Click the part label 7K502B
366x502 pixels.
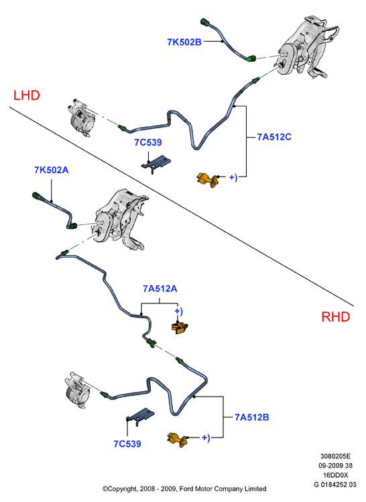pyautogui.click(x=184, y=42)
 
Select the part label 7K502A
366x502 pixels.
pyautogui.click(x=52, y=170)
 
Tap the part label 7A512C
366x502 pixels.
pyautogui.click(x=274, y=137)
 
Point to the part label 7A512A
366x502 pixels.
pyautogui.click(x=160, y=289)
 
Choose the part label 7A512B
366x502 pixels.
pyautogui.click(x=252, y=417)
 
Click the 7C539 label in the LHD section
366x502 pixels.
pyautogui.click(x=148, y=142)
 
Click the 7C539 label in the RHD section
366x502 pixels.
pyautogui.click(x=127, y=444)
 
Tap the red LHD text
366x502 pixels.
pyautogui.click(x=27, y=95)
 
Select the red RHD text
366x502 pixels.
pyautogui.click(x=336, y=317)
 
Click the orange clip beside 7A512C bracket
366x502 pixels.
pyautogui.click(x=207, y=179)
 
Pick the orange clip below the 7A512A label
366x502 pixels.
pyautogui.click(x=180, y=328)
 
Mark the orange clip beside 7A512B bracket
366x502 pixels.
pyautogui.click(x=178, y=440)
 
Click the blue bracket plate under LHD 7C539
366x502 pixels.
pyautogui.click(x=156, y=163)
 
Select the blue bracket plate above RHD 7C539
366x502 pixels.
pyautogui.click(x=140, y=416)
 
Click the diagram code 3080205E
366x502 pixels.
pyautogui.click(x=335, y=456)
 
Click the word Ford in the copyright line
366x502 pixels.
pyautogui.click(x=186, y=489)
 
